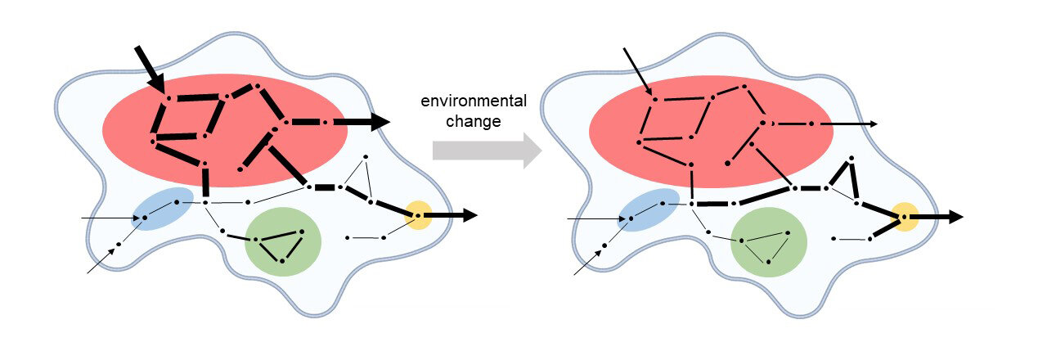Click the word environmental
pos(474,101)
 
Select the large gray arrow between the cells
pos(486,149)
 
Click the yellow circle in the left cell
pos(418,215)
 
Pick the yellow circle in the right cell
pos(905,217)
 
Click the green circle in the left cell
pos(284,241)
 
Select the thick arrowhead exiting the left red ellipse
pos(378,123)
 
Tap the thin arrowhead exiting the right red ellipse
pos(874,124)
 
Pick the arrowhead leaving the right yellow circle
pos(955,218)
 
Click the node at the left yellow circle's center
pos(418,216)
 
